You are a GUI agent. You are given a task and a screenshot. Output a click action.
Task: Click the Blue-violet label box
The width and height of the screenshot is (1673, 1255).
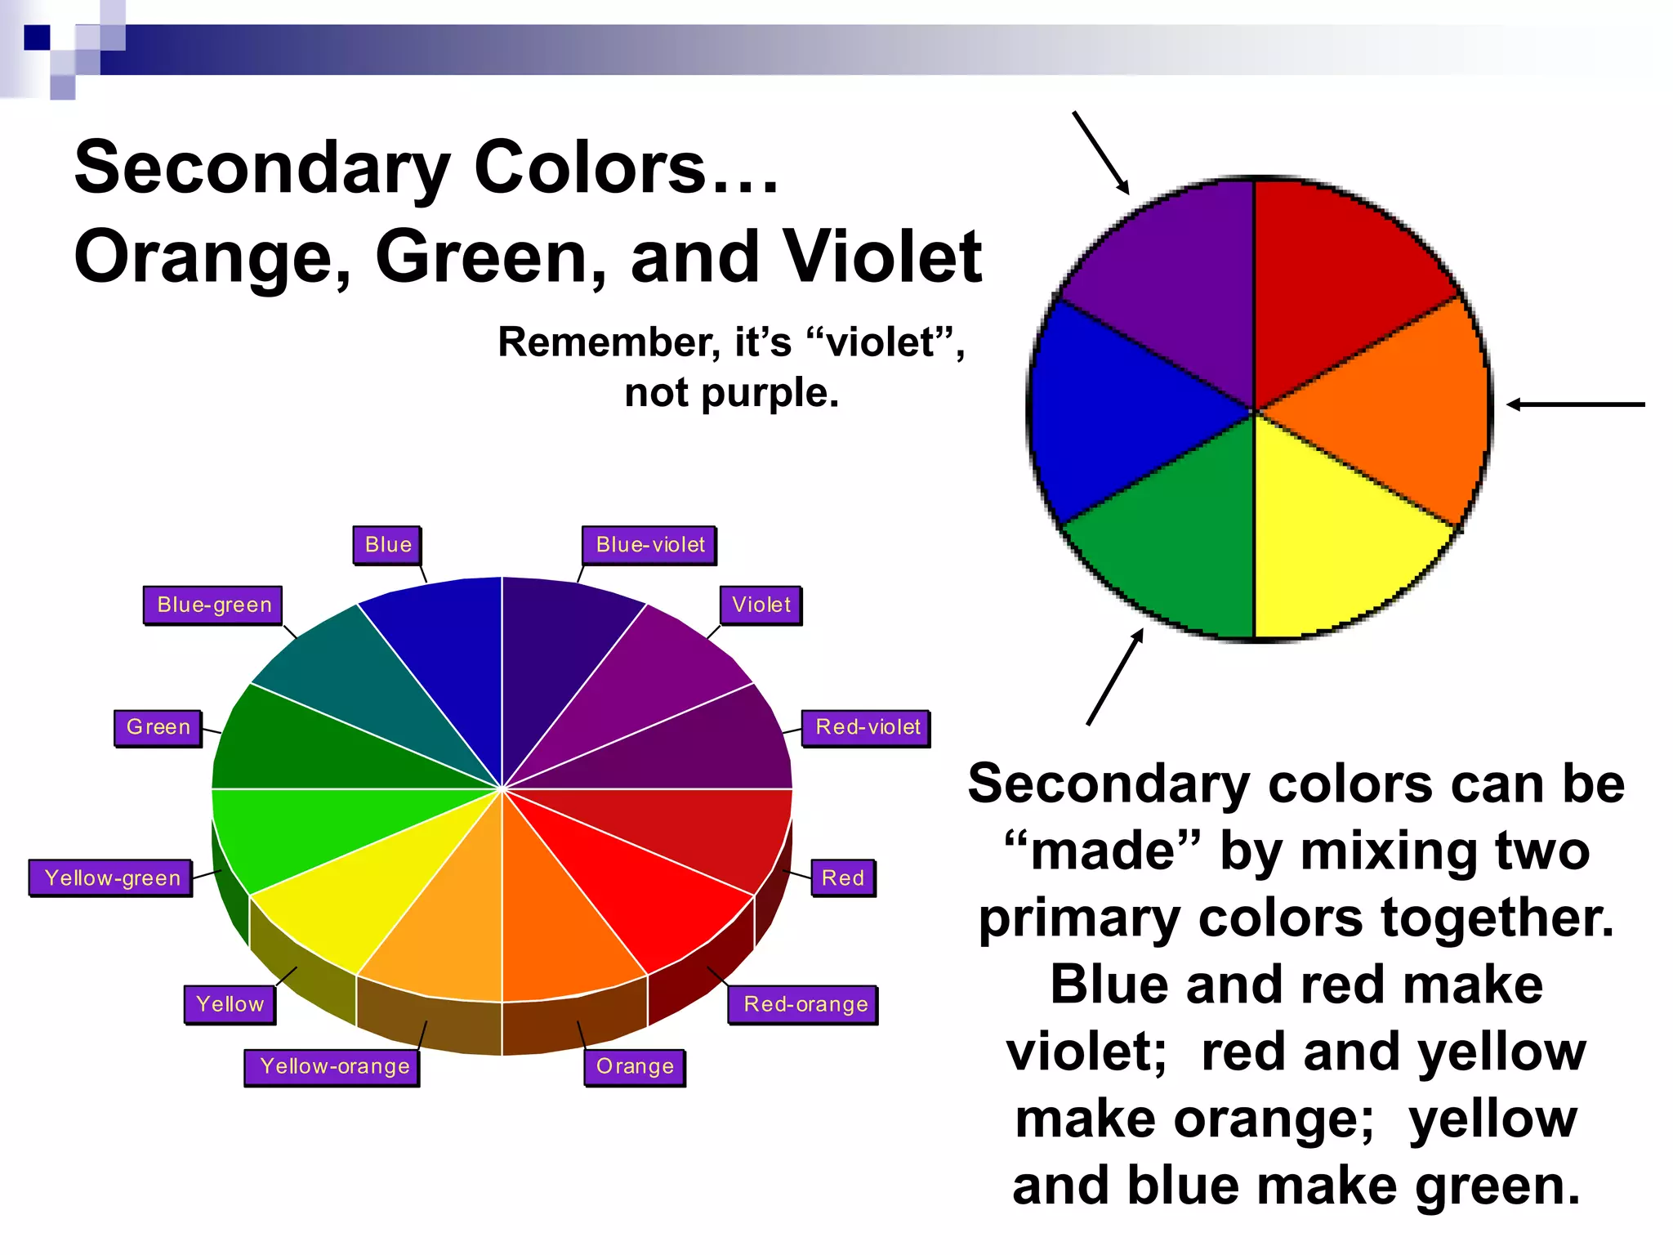(x=649, y=545)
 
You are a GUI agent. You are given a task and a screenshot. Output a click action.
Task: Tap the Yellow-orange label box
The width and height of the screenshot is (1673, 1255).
(x=332, y=1066)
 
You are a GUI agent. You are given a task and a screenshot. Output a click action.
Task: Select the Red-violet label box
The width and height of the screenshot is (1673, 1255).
(x=867, y=727)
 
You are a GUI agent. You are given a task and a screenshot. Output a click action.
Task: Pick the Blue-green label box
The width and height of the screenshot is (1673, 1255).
(x=213, y=605)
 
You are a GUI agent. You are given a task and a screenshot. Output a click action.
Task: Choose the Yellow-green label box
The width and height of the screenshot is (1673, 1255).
(x=111, y=878)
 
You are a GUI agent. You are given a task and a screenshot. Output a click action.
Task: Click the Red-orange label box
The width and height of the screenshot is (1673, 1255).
(x=805, y=1004)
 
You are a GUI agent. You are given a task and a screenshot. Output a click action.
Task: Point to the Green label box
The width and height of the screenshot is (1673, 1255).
(x=158, y=727)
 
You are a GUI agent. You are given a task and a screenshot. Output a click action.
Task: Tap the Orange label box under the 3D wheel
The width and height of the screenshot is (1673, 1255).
(x=635, y=1066)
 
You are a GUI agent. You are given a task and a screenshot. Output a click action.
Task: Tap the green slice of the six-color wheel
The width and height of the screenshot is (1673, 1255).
(x=1176, y=539)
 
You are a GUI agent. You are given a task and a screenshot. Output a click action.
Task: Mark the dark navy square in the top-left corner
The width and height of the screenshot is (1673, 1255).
(x=37, y=38)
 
